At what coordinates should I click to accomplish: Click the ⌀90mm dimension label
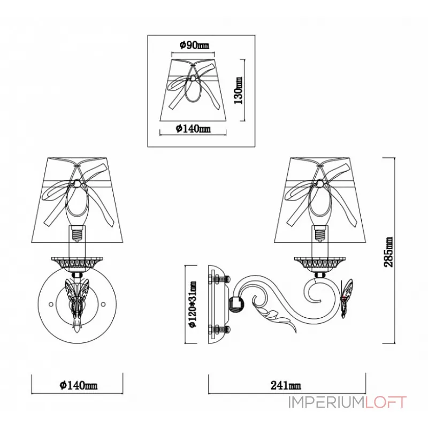(x=194, y=45)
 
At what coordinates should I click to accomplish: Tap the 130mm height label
(x=238, y=90)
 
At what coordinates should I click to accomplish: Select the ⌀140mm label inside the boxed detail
(x=193, y=128)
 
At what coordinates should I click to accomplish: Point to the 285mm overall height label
(x=388, y=251)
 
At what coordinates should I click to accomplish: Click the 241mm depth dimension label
(x=286, y=385)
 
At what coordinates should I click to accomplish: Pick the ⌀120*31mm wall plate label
(x=193, y=304)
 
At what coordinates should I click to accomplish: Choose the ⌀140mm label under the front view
(x=78, y=385)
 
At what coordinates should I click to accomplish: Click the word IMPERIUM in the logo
(x=326, y=402)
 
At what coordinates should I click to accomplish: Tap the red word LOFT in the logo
(x=386, y=402)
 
